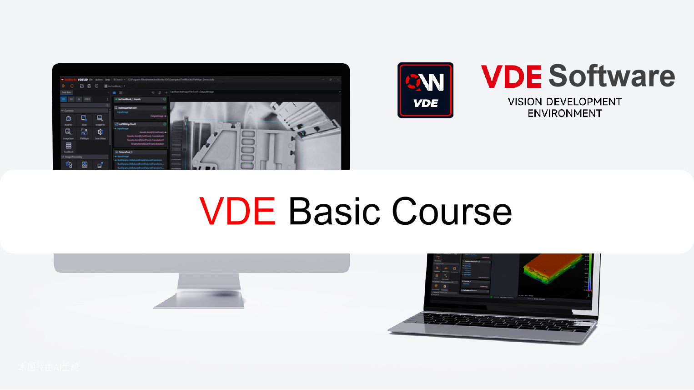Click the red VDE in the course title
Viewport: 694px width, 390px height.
point(237,212)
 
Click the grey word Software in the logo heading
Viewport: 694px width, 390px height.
point(612,76)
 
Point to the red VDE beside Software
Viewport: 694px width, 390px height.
point(511,76)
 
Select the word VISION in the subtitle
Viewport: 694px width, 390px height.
point(525,102)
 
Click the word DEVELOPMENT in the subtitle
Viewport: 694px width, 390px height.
point(584,102)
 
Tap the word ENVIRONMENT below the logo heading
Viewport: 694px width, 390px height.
point(565,113)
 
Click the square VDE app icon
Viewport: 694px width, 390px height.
point(425,90)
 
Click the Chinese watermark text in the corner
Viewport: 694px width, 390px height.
point(49,367)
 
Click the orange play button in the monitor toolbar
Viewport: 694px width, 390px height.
point(64,86)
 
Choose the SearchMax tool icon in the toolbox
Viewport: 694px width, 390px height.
point(100,132)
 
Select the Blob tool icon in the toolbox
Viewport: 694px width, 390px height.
point(84,119)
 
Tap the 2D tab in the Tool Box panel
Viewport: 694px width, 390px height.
point(64,99)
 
